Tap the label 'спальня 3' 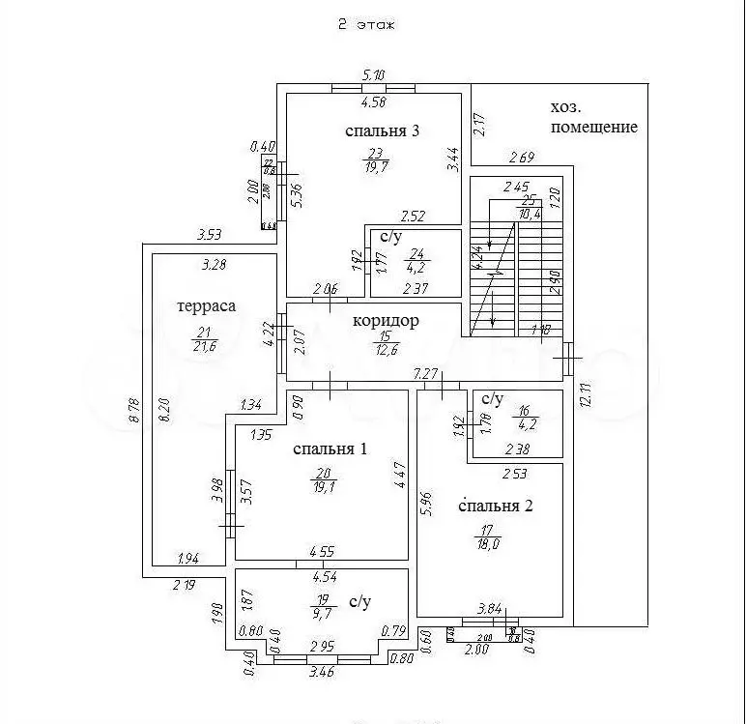coord(384,132)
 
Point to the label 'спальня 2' coord(496,505)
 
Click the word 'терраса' coord(207,305)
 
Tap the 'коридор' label coord(386,321)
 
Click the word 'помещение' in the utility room coord(593,127)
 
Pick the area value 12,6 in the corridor coord(386,349)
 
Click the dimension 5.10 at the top coord(374,73)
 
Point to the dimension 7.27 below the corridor coord(425,372)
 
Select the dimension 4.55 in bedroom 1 coord(322,553)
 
